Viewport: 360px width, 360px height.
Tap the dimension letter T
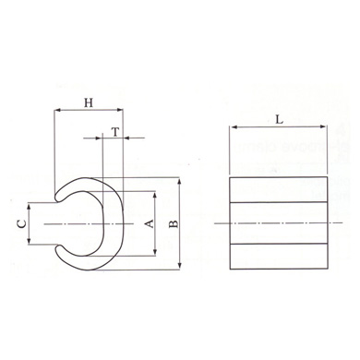(114, 131)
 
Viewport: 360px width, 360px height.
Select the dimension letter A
(147, 223)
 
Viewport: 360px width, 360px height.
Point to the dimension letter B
(174, 223)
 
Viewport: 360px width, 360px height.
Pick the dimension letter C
(20, 223)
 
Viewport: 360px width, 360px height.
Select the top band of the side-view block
(279, 188)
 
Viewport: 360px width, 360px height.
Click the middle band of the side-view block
(279, 223)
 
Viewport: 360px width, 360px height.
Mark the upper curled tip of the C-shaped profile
(60, 196)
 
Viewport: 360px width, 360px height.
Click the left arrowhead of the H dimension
(58, 110)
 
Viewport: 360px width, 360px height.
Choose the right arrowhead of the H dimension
(121, 110)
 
